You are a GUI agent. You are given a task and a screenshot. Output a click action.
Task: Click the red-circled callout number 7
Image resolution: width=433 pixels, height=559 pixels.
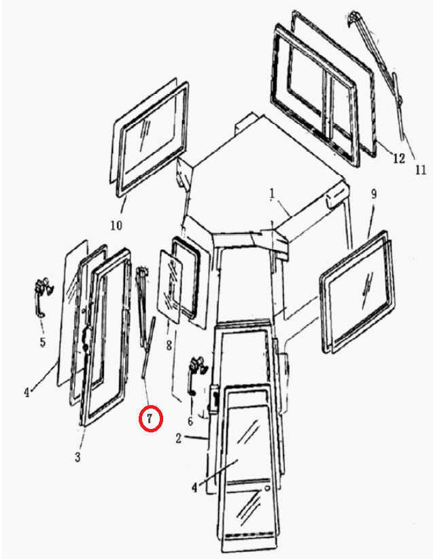(150, 419)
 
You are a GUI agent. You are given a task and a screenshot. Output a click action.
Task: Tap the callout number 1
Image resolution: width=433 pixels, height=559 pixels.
(272, 194)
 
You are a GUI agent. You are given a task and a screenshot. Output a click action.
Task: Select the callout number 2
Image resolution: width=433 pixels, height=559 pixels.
(179, 438)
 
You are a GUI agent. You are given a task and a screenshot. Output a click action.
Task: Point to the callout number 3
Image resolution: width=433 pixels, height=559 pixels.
(78, 457)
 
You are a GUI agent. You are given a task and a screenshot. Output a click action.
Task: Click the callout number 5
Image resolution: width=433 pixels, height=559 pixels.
(43, 342)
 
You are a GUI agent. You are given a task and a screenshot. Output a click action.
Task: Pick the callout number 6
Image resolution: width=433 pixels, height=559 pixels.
(190, 421)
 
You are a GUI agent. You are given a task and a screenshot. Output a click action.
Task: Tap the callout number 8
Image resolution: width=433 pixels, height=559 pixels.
(169, 345)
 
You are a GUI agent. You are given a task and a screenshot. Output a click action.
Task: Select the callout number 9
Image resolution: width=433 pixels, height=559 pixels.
(374, 194)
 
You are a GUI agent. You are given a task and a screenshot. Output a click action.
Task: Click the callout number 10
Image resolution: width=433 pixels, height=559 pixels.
(116, 225)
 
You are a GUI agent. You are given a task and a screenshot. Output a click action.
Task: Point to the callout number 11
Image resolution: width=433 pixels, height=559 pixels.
(421, 170)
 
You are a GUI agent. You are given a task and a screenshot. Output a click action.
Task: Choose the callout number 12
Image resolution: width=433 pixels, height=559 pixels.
(399, 157)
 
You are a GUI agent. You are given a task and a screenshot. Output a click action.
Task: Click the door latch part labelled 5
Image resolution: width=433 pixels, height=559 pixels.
(43, 297)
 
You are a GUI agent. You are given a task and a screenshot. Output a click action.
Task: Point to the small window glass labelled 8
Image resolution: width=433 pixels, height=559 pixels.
(170, 287)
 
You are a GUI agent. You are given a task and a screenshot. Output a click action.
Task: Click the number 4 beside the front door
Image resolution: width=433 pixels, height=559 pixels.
(194, 488)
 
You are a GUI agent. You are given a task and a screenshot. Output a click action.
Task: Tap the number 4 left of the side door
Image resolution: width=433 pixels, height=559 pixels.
(27, 393)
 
